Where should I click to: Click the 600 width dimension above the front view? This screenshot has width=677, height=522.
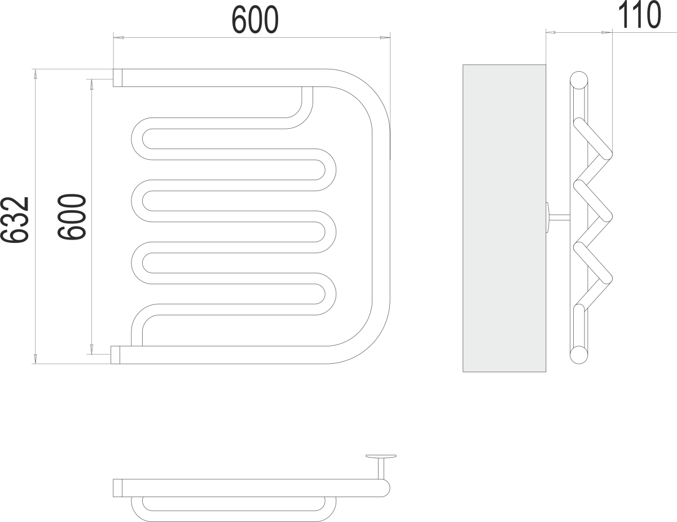click(x=255, y=20)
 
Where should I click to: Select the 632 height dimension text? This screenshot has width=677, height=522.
click(x=15, y=220)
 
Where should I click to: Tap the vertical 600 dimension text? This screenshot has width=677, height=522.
click(x=72, y=217)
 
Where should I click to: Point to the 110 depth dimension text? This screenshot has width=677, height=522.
click(x=639, y=15)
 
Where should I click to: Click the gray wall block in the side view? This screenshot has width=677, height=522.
click(x=504, y=218)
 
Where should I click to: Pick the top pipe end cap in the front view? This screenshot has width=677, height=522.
click(x=117, y=77)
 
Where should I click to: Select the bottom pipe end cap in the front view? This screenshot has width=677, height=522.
click(x=115, y=355)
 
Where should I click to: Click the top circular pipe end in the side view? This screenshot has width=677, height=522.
click(x=579, y=80)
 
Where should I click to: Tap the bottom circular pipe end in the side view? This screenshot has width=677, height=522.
click(x=579, y=355)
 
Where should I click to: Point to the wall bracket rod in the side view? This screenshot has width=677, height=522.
click(x=559, y=217)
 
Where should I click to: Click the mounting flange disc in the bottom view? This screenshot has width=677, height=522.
click(x=381, y=456)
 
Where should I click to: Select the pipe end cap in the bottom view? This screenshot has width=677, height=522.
click(x=117, y=488)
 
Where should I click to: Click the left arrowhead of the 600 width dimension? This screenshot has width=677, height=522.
click(x=118, y=37)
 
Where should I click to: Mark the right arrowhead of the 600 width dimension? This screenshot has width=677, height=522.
click(x=385, y=37)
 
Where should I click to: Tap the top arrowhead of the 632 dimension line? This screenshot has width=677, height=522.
click(x=35, y=74)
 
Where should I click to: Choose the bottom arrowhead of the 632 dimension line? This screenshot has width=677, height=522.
click(x=35, y=359)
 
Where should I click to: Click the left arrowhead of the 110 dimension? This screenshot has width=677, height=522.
click(x=551, y=32)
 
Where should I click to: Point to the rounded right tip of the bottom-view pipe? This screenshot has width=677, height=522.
click(x=386, y=488)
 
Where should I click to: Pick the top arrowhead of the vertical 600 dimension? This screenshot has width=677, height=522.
click(x=91, y=85)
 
